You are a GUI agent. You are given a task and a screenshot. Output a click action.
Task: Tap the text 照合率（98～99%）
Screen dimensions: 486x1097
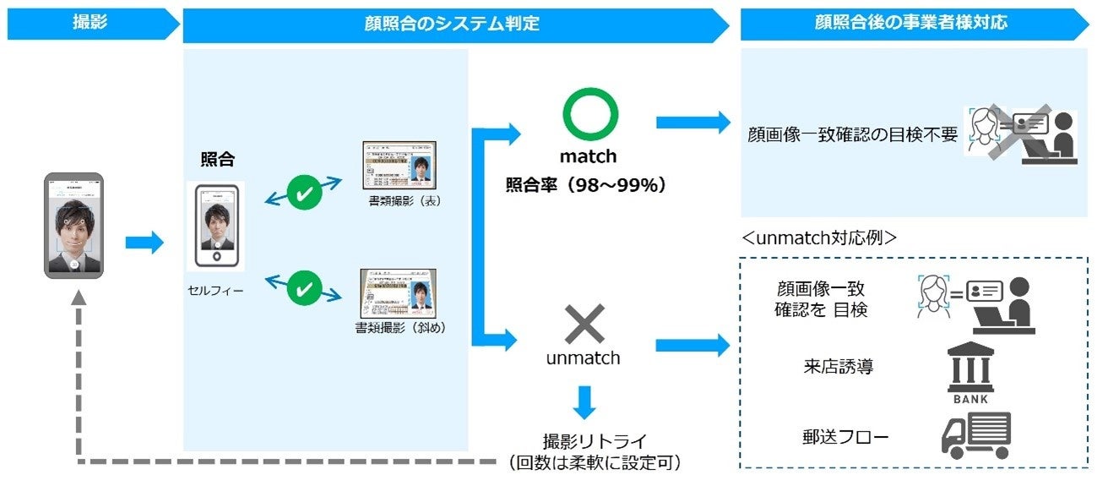(586, 184)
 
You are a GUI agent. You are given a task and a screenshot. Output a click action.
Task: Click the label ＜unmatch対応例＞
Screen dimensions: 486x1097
(818, 238)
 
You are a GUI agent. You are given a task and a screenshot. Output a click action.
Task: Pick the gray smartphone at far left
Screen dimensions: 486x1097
(74, 226)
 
